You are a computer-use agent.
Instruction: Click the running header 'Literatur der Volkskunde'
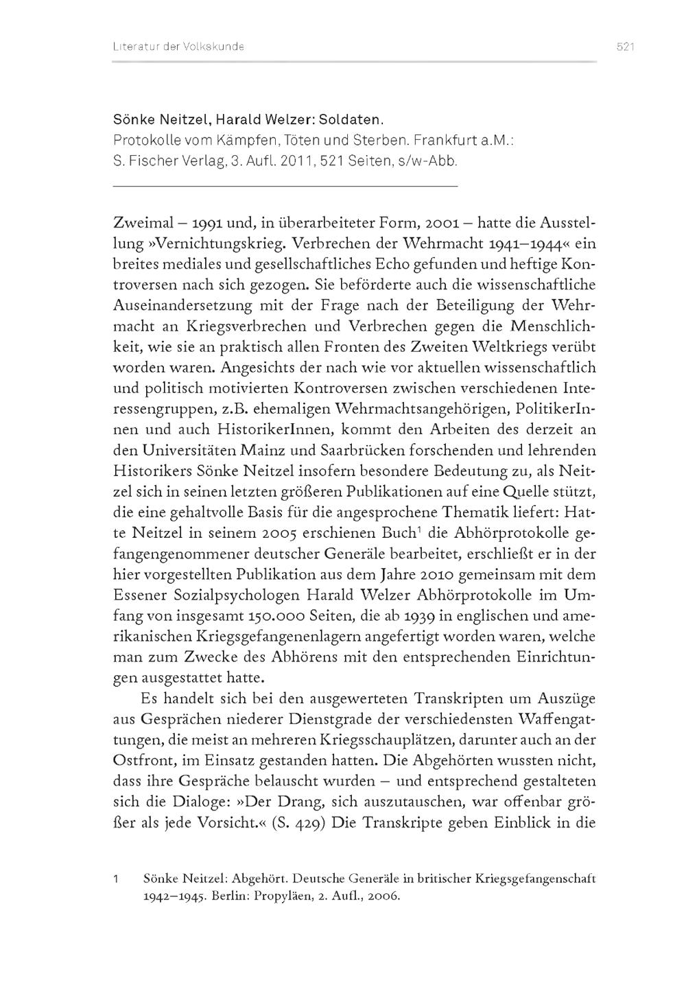coord(179,47)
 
